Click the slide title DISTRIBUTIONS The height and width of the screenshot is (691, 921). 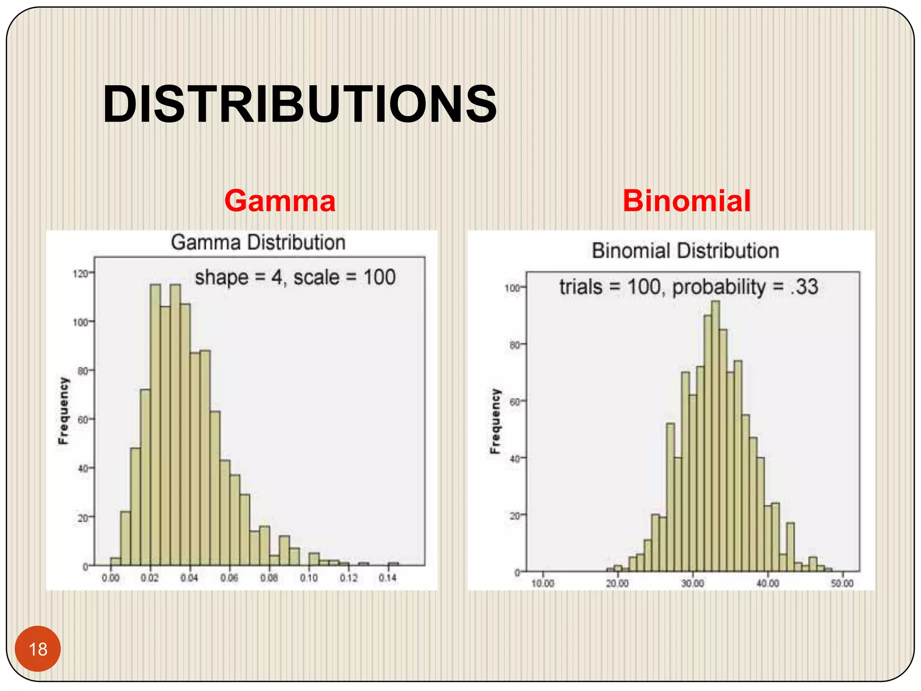(x=300, y=104)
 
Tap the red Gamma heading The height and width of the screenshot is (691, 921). (x=280, y=201)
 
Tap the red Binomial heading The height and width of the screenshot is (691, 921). (x=686, y=201)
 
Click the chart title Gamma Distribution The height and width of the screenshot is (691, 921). (x=258, y=242)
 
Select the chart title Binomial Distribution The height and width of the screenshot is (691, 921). (x=685, y=251)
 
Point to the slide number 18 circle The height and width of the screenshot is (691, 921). (x=38, y=649)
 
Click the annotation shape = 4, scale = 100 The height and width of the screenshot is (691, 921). (x=295, y=277)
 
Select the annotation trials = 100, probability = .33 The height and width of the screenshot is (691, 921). (x=689, y=287)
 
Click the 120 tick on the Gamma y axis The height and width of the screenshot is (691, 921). (x=81, y=274)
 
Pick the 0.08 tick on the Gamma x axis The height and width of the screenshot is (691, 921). (x=269, y=578)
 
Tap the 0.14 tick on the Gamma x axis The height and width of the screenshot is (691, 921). (x=388, y=578)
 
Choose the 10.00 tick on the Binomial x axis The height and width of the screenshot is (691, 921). (x=543, y=583)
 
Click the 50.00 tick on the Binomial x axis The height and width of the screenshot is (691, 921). (x=842, y=583)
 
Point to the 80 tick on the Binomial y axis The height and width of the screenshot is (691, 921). (x=515, y=345)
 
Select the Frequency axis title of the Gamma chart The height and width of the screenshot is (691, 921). (x=64, y=411)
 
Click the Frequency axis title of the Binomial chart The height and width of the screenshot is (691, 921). (x=495, y=421)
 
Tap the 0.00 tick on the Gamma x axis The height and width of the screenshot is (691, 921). (x=110, y=578)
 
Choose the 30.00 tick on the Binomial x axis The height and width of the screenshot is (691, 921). (x=693, y=583)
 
